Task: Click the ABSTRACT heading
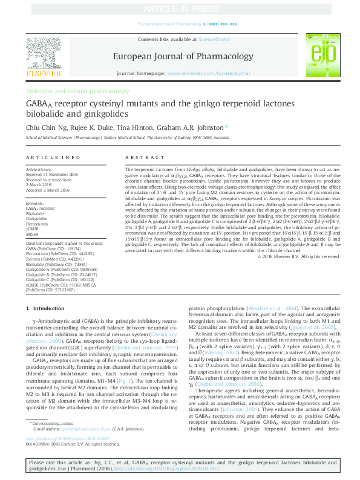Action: pyautogui.click(x=140, y=157)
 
